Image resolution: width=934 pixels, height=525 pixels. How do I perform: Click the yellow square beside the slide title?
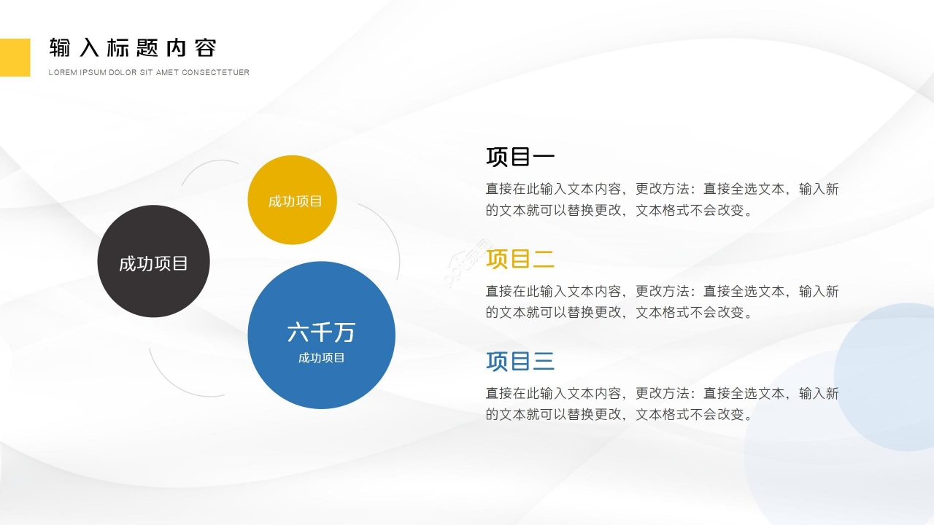(15, 57)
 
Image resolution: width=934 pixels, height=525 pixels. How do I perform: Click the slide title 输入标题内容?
(133, 48)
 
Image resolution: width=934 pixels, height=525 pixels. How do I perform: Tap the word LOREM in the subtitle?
(61, 72)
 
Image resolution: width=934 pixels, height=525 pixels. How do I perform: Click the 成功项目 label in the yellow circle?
(295, 201)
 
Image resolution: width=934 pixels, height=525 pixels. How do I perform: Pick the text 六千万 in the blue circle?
(321, 332)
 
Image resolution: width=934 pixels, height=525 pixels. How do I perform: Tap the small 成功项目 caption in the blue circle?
(321, 358)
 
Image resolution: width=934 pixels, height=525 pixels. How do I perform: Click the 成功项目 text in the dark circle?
(153, 264)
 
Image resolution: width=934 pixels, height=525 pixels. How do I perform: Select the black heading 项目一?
(520, 157)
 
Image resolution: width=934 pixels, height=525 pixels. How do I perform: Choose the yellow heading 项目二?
(520, 259)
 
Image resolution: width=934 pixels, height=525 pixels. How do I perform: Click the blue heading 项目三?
(520, 361)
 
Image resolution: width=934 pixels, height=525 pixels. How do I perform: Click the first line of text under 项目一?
(662, 189)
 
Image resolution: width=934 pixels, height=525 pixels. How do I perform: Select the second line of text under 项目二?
(619, 312)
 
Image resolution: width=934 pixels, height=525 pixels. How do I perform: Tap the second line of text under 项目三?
(619, 414)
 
